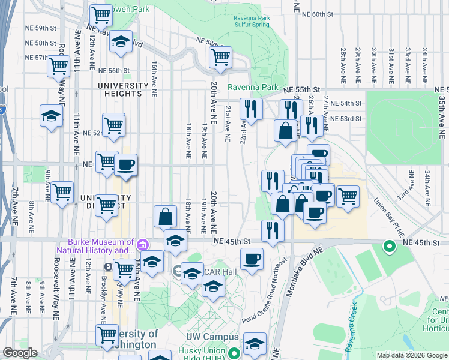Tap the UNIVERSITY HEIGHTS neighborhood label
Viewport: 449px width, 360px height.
click(123, 90)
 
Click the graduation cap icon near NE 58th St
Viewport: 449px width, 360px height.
click(121, 41)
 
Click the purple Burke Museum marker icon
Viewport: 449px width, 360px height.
click(142, 244)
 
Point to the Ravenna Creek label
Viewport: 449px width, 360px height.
click(351, 328)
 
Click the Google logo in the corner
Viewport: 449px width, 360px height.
click(19, 353)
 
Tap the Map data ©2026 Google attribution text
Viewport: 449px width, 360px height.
click(412, 355)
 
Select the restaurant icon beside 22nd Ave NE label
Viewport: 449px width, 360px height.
click(251, 109)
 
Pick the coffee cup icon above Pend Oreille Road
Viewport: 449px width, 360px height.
click(252, 259)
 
